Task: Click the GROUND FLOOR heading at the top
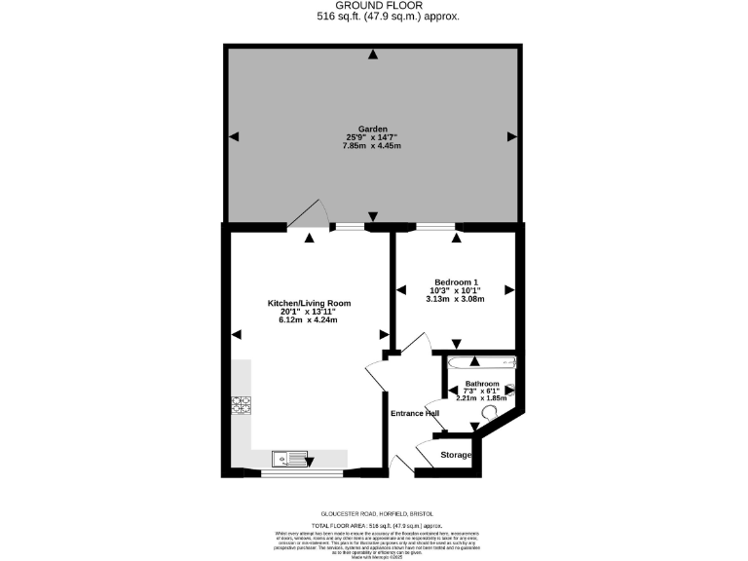pos(374,6)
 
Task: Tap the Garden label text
pos(373,129)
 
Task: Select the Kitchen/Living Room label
pos(309,303)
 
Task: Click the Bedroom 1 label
pos(455,281)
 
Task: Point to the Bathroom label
pos(482,384)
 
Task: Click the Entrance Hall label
pos(415,413)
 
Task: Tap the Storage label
pos(456,455)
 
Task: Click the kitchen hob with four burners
pos(241,404)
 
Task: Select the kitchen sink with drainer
pos(290,455)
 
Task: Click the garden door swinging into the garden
pos(310,214)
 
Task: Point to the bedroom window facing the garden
pos(435,227)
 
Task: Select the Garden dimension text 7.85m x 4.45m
pos(373,146)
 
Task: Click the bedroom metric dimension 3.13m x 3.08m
pos(455,299)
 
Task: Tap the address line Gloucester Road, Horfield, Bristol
pos(374,513)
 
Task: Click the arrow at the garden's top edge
pos(373,55)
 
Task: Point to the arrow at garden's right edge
pos(511,137)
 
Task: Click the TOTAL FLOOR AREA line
pos(374,524)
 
